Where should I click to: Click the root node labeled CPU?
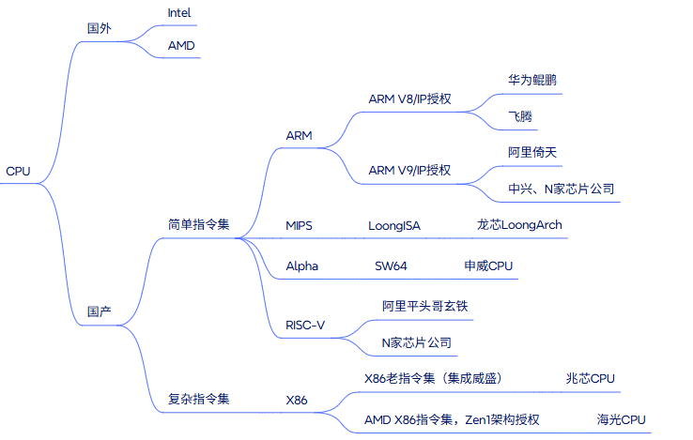18,171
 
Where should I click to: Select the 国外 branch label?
99,28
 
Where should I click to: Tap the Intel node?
179,13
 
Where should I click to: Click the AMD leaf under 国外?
182,45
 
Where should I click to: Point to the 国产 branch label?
99,311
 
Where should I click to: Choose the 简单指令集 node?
198,225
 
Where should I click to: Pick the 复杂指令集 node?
198,399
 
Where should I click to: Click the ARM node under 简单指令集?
300,136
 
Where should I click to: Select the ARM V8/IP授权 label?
409,99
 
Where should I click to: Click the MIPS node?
300,225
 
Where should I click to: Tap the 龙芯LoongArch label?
520,225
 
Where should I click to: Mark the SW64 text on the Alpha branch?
391,266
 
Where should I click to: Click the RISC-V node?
305,325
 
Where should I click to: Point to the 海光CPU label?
622,418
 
